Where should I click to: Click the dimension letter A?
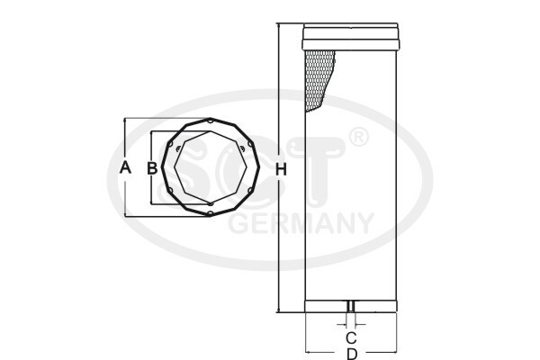126,167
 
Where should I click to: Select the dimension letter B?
153,168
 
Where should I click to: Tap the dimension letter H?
281,170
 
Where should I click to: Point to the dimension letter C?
351,337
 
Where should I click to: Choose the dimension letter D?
351,354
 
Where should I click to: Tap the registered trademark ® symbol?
357,138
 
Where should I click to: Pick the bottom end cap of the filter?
351,305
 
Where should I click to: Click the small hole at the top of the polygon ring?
209,120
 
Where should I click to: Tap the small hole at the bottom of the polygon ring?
209,214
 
